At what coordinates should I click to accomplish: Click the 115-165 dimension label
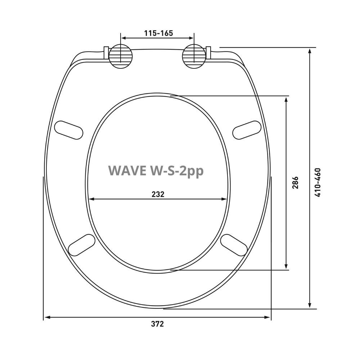point(158,33)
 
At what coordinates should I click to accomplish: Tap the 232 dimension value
point(158,194)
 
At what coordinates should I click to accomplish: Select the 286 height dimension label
point(295,183)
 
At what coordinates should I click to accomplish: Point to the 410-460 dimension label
point(318,183)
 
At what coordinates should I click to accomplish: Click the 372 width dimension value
point(158,324)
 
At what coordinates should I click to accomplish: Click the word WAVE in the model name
point(127,171)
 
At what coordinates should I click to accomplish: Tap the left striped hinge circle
point(121,56)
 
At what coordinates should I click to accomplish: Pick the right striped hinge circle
point(194,56)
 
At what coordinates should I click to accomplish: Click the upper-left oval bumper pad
point(69,130)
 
